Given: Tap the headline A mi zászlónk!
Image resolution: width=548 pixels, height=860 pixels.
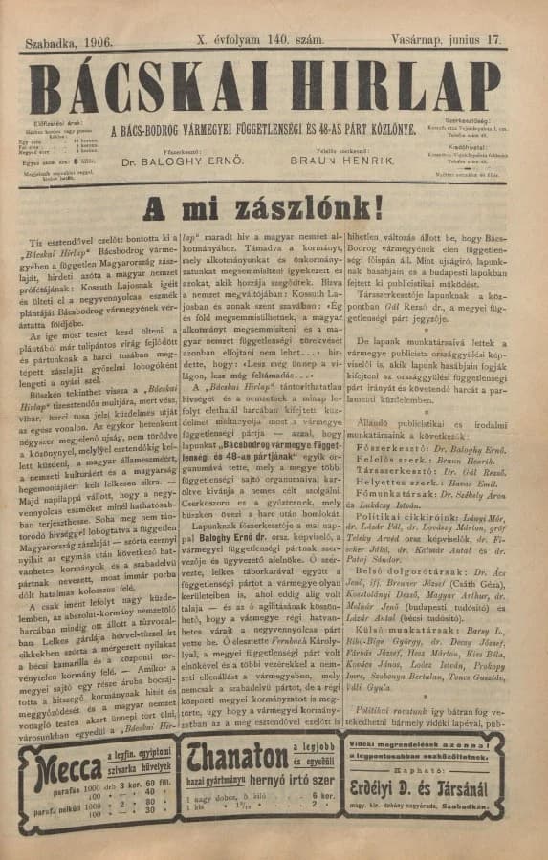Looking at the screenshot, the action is (262, 209).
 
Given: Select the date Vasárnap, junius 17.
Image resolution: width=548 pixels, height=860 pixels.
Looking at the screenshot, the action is (446, 40).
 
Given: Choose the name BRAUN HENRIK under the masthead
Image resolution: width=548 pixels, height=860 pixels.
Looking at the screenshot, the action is (341, 161).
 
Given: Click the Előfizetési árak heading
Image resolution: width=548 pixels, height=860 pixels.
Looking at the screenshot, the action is (58, 124).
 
